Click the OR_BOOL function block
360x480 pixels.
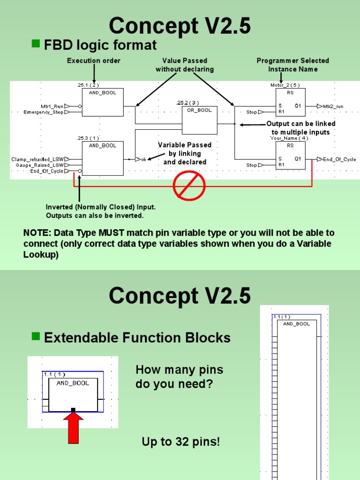(200, 120)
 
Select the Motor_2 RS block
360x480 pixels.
(290, 102)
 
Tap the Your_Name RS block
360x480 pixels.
(290, 155)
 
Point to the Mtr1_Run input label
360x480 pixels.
(52, 106)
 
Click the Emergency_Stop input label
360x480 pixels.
(44, 112)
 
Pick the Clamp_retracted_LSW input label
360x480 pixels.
(37, 159)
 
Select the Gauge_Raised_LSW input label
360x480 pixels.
(40, 165)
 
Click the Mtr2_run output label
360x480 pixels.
(333, 106)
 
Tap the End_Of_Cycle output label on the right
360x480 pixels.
(339, 159)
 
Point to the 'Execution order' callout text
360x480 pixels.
(94, 60)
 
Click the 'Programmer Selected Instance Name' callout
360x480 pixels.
(293, 65)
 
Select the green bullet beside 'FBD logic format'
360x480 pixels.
(36, 44)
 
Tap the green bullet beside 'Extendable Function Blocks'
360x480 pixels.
(36, 337)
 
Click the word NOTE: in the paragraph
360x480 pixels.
(37, 233)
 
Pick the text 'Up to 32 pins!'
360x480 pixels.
(180, 442)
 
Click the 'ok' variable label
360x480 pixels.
(144, 159)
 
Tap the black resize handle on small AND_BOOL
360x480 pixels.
(73, 410)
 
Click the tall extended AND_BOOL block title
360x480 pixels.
(296, 324)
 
